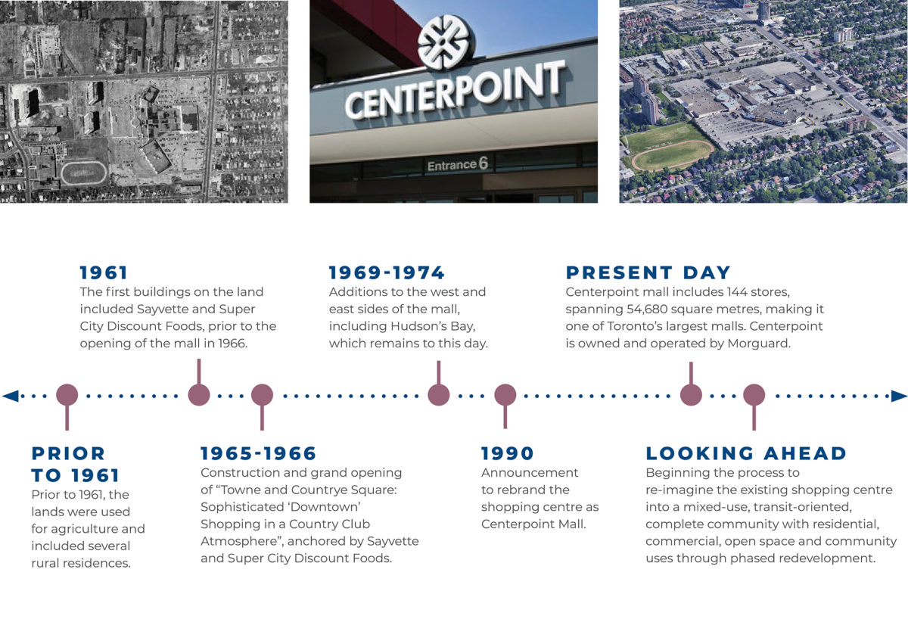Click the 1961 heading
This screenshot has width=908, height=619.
(104, 272)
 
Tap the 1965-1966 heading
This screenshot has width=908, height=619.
(258, 453)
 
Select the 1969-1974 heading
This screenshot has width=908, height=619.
(387, 272)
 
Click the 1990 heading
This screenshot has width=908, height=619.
(508, 453)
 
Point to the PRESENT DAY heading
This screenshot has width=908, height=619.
(648, 272)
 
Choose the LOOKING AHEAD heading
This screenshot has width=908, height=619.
(746, 453)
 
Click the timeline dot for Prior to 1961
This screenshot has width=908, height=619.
(67, 395)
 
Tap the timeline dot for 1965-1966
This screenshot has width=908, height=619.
(262, 395)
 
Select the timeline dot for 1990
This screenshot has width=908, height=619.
(505, 395)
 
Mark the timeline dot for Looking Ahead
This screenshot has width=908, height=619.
(754, 395)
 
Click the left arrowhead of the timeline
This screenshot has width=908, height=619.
(10, 395)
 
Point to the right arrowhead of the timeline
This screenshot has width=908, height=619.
(899, 395)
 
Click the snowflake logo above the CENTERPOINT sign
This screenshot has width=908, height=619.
(446, 42)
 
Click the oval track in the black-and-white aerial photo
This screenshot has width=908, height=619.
(85, 173)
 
